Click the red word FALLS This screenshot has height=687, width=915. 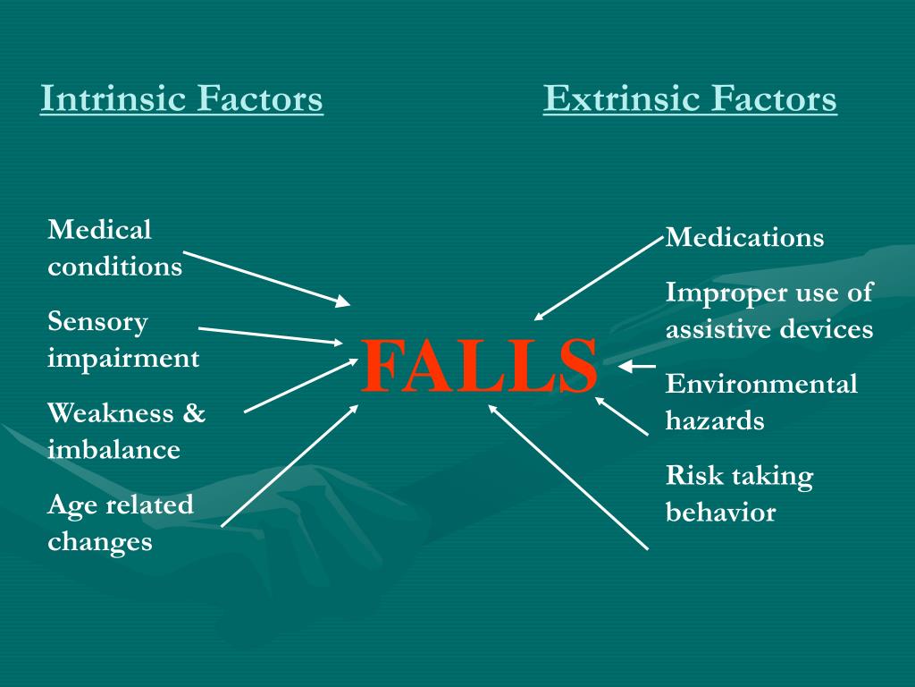coord(480,366)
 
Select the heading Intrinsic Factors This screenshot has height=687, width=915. coord(181,98)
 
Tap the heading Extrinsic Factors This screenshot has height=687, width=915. coord(690,98)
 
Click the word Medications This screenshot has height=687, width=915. coord(745,238)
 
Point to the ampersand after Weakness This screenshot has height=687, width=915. coord(194,413)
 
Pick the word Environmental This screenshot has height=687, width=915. coord(761,385)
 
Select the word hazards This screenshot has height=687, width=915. coord(715,420)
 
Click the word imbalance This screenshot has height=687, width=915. coord(113,449)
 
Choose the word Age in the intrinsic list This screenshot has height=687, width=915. coord(71,505)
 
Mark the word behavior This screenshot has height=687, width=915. coord(721,513)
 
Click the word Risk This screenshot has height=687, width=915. coord(694,476)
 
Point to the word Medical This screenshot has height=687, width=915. coord(99,230)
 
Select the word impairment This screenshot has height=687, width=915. coord(123,359)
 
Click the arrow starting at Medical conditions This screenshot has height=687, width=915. coord(267,278)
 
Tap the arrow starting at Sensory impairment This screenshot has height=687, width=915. coord(270,335)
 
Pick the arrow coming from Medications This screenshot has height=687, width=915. coord(600,278)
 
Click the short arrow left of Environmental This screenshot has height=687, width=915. coord(637,366)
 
